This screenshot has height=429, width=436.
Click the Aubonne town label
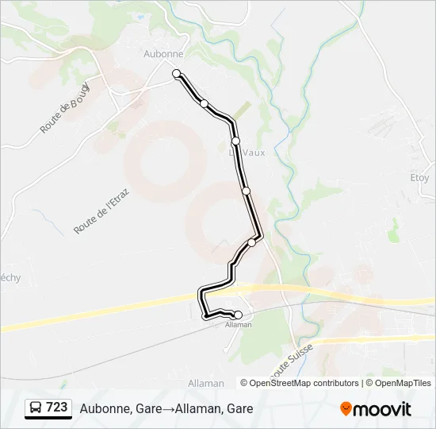164,54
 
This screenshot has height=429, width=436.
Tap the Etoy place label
419,177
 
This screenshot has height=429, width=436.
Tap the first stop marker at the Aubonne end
177,74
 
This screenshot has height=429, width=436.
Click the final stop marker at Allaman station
238,315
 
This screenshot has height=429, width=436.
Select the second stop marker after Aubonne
204,103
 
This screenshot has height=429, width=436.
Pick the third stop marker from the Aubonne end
235,141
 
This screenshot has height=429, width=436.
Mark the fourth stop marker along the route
246,191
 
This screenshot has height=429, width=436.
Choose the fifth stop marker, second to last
252,242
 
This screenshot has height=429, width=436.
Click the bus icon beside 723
36,408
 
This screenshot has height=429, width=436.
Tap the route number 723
57,408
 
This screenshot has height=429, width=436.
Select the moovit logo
376,408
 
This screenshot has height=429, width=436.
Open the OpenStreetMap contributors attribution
304,383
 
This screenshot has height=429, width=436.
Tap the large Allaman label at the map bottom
206,383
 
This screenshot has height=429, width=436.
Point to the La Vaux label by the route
247,153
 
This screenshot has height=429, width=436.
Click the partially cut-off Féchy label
9,277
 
